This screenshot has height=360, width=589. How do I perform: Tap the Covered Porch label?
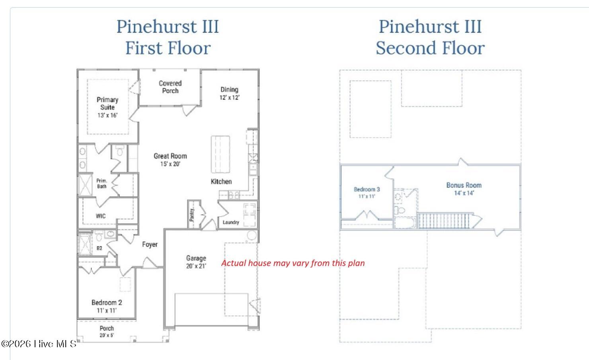coord(170,87)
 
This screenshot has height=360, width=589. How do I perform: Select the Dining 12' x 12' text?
coord(230,93)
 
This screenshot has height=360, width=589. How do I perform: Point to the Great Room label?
coord(170,160)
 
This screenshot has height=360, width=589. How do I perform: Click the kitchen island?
coord(220,154)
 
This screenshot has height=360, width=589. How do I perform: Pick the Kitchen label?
coord(221,182)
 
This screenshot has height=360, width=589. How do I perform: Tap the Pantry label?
coord(192,215)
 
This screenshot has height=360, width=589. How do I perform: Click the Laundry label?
coord(231,222)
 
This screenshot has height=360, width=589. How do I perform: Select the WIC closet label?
coord(101,216)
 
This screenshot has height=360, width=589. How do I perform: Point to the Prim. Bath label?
coord(102,183)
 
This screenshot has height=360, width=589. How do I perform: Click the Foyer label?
coord(150,245)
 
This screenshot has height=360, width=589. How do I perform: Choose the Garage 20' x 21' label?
coord(196,262)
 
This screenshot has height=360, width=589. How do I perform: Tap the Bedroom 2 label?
coord(107,306)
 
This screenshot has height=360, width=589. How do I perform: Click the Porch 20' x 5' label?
coord(107,331)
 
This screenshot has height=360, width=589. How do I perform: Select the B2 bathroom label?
coord(99,248)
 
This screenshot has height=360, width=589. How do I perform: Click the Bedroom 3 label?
coord(367,192)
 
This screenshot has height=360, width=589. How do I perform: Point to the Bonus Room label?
coord(464,189)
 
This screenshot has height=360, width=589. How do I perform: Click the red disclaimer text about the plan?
coord(293,263)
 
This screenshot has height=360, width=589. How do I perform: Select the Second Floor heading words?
coord(430,48)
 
